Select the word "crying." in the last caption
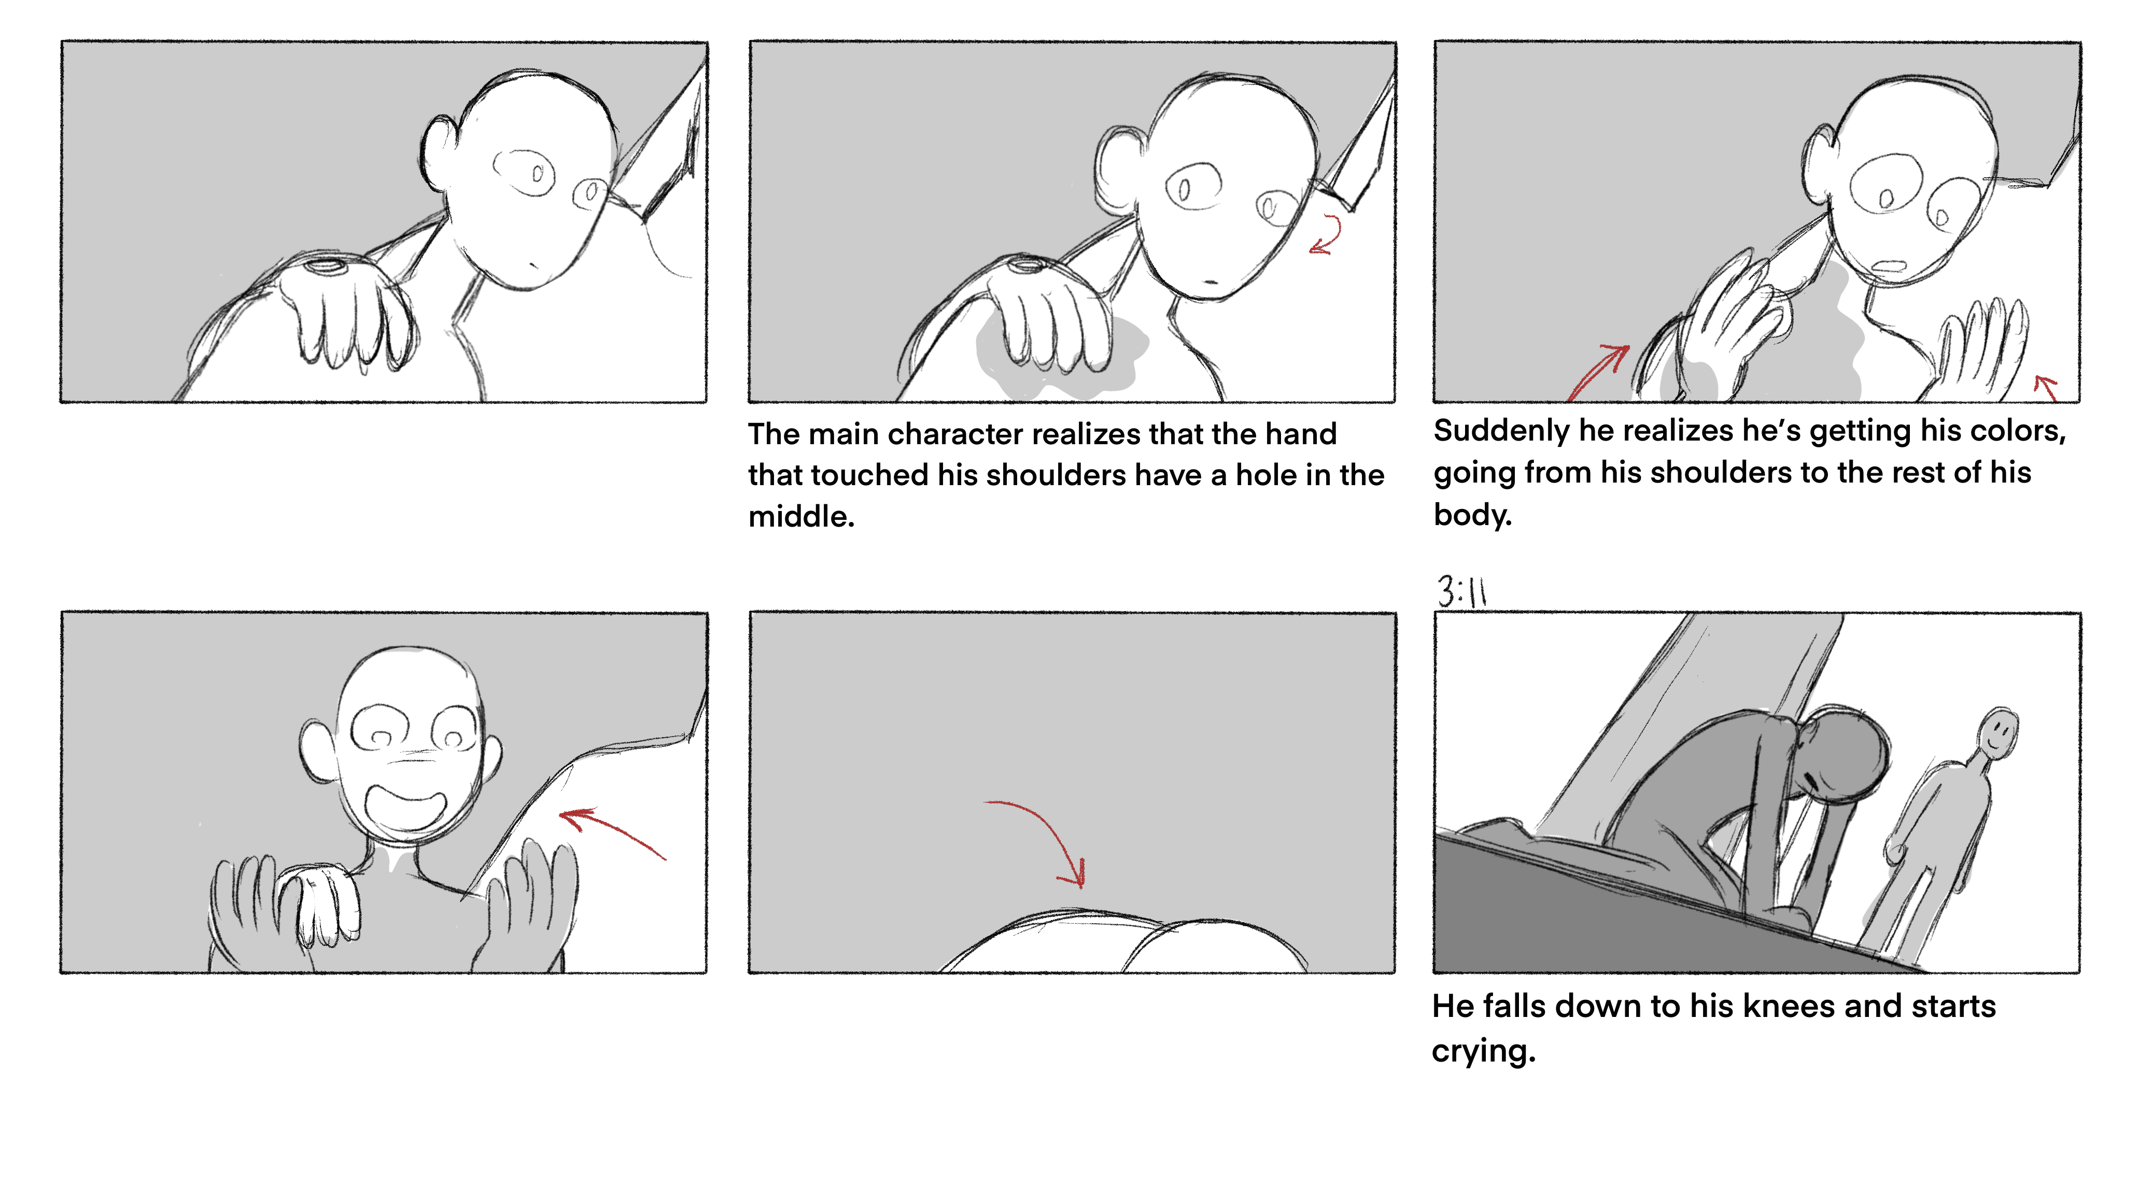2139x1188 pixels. (1484, 1052)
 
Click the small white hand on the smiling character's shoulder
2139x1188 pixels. (320, 905)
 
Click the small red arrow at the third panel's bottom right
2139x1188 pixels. (2045, 387)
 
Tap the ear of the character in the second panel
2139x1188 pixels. (1117, 170)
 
